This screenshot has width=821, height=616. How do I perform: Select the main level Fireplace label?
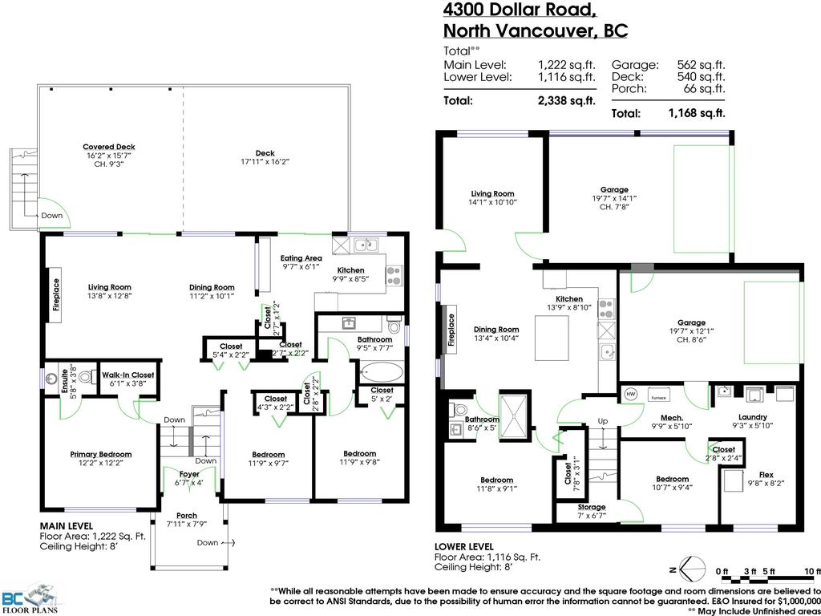56,294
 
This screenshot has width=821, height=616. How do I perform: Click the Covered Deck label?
109,147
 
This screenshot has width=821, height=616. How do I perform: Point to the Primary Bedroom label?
100,454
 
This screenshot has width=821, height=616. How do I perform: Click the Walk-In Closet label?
127,375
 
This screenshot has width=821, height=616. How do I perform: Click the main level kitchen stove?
394,275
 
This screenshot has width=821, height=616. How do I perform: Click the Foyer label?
189,473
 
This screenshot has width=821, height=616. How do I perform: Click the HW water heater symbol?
630,394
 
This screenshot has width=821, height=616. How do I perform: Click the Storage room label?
593,507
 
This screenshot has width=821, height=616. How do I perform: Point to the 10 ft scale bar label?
813,571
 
